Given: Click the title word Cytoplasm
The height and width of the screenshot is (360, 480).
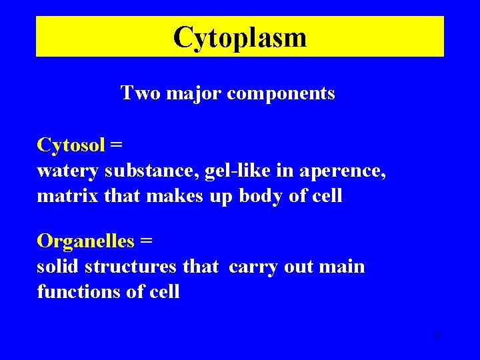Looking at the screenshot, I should click(x=240, y=37).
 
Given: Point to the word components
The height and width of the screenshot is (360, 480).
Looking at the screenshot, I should click(x=281, y=94).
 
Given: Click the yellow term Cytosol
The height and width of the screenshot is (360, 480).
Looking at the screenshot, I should click(x=71, y=145).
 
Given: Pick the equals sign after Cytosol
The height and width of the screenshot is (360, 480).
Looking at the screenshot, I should click(x=117, y=145).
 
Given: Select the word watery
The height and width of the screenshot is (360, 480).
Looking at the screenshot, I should click(x=67, y=171).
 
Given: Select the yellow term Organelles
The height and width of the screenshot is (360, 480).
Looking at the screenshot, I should click(x=85, y=240).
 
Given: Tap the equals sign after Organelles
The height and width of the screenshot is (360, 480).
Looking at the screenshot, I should click(x=145, y=241).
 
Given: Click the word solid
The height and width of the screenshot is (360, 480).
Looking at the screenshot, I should click(x=59, y=267).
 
